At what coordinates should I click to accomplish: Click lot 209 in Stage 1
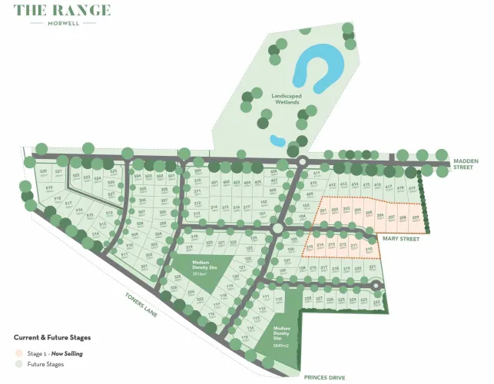(x=415, y=218)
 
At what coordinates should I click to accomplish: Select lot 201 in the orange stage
(x=323, y=210)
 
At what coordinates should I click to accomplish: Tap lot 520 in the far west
(x=43, y=171)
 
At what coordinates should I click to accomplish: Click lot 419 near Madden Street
(x=411, y=188)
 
